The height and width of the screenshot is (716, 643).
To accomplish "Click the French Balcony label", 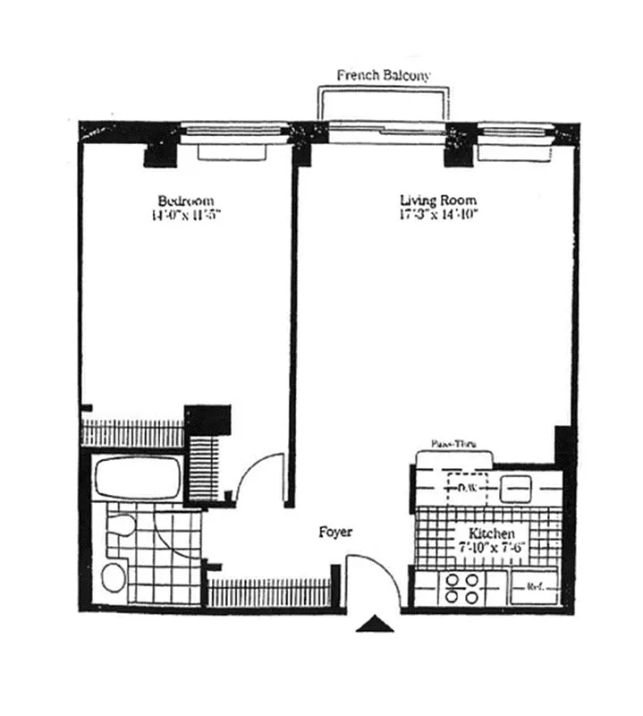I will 383,75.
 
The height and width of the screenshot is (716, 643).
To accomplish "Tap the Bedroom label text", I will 185,200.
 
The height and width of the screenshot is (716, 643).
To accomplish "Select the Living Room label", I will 437,200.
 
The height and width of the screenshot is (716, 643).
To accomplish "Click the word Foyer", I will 335,533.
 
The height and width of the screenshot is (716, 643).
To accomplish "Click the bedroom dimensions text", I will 185,215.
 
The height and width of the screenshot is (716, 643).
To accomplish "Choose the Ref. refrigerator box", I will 535,588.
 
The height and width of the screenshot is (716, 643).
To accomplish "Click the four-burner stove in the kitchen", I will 461,587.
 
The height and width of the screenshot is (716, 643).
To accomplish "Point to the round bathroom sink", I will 114,578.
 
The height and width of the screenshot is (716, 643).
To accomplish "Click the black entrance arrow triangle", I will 375,625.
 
